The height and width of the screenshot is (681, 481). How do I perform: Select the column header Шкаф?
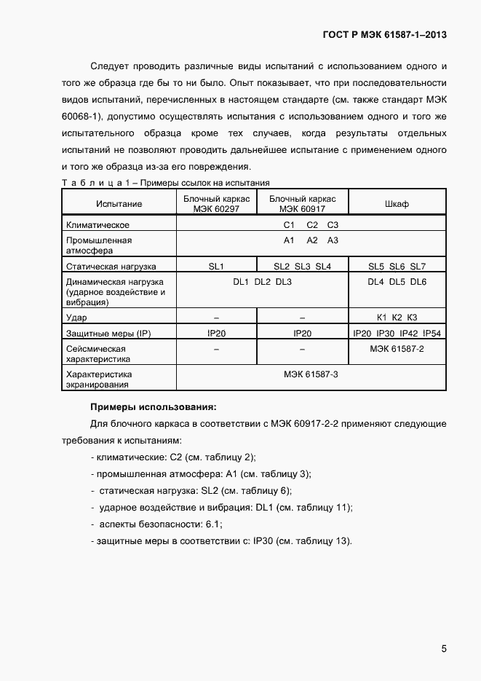click(397, 204)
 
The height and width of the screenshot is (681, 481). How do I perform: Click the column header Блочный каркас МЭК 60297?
click(216, 204)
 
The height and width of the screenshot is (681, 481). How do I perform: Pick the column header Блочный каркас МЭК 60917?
click(302, 204)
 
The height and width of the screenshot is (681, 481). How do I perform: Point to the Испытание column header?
click(119, 204)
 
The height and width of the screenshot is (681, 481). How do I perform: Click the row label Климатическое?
click(98, 226)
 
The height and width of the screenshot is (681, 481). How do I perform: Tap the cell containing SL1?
click(216, 267)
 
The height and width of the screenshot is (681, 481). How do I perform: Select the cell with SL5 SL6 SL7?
click(397, 267)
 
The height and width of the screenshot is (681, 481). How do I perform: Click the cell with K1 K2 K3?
click(397, 317)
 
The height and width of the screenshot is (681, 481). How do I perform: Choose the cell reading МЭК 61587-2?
click(397, 349)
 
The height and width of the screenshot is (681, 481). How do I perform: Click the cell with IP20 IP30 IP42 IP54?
click(397, 333)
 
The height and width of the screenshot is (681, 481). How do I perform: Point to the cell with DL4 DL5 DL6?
click(397, 282)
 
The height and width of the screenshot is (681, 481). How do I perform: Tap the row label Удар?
click(76, 318)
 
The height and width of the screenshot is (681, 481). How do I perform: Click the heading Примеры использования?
click(153, 406)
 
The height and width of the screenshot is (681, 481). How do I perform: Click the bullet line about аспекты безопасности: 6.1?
click(156, 524)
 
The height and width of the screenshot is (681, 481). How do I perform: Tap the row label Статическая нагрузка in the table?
click(111, 267)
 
